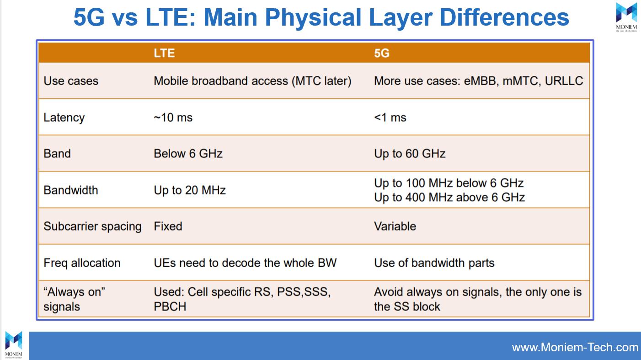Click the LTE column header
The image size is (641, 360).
pyautogui.click(x=164, y=53)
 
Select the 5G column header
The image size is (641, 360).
pyautogui.click(x=382, y=53)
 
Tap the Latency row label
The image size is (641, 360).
pyautogui.click(x=64, y=118)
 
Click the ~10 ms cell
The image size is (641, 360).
pyautogui.click(x=173, y=118)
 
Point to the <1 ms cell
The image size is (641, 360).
pyautogui.click(x=390, y=118)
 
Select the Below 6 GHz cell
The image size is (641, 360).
pyautogui.click(x=188, y=154)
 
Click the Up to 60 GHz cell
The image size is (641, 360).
pyautogui.click(x=410, y=154)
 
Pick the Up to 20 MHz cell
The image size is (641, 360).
pyautogui.click(x=190, y=190)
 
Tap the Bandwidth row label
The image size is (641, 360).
pyautogui.click(x=71, y=190)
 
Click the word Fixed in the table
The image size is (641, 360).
pyautogui.click(x=168, y=226)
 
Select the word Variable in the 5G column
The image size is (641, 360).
pyautogui.click(x=395, y=226)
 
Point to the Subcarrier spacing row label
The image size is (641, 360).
pyautogui.click(x=92, y=226)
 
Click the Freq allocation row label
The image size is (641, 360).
pyautogui.click(x=82, y=263)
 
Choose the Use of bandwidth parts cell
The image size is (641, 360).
pyautogui.click(x=434, y=263)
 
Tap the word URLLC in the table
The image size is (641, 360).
pyautogui.click(x=564, y=81)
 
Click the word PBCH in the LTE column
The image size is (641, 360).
pyautogui.click(x=170, y=306)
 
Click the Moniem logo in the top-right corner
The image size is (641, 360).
pyautogui.click(x=626, y=16)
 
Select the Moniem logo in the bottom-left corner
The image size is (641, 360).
pyautogui.click(x=13, y=345)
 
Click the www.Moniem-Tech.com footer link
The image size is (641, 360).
pyautogui.click(x=575, y=347)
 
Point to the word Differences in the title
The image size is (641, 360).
pyautogui.click(x=504, y=17)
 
